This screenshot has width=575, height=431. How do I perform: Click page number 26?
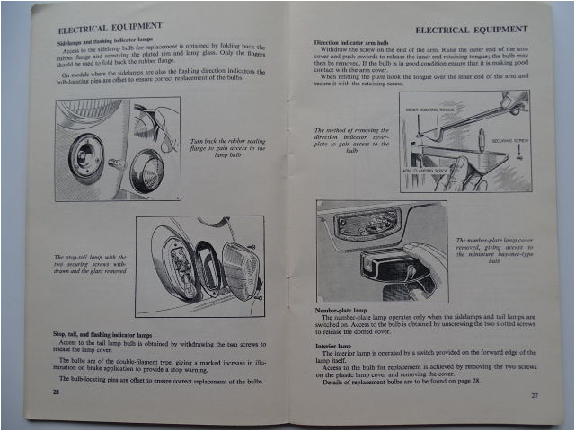tap(56, 392)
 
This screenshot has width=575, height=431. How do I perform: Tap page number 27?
tap(534, 394)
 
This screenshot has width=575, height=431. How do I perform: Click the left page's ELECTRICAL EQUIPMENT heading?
tap(111, 26)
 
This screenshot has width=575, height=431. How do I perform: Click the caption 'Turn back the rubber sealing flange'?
tap(228, 148)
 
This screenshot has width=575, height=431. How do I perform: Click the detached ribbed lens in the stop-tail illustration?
tap(240, 268)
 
